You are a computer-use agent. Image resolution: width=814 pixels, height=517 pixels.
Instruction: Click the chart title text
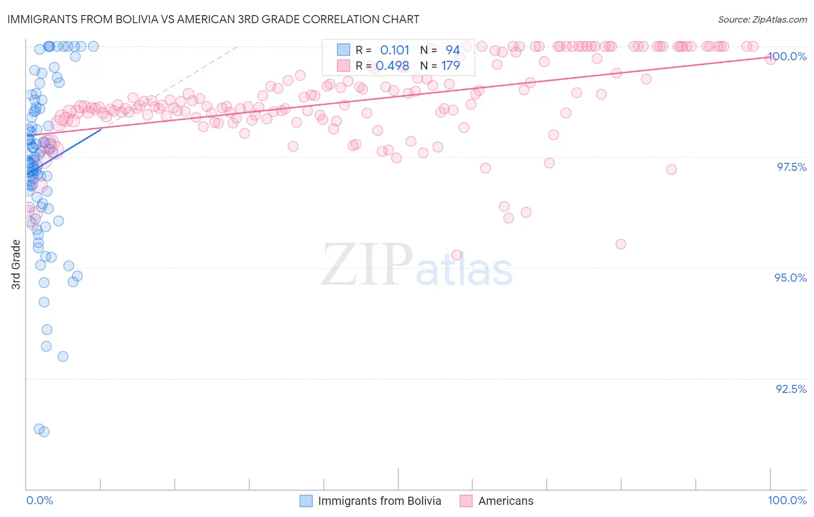coord(214,19)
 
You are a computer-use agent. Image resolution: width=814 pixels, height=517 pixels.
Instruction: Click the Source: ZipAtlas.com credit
coord(762,19)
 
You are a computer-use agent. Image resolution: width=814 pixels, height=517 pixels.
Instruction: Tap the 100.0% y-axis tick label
coord(787,56)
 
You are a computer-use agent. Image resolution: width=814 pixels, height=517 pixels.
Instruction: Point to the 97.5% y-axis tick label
coord(791,167)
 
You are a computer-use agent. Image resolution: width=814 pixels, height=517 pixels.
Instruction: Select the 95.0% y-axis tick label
coord(790,278)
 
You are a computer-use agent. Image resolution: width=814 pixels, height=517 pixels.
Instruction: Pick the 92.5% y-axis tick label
coord(791,389)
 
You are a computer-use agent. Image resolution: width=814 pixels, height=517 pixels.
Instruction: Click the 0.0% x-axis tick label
coord(39,500)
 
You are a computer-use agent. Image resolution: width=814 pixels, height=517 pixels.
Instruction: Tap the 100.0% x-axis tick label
coord(787,500)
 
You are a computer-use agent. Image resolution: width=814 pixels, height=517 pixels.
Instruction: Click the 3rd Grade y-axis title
coord(16,264)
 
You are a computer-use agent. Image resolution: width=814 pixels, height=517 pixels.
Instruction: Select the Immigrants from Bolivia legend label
coord(379,501)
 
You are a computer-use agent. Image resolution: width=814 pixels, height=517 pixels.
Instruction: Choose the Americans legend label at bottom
coord(505,501)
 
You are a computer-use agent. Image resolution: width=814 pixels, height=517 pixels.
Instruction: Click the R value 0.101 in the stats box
coord(394,50)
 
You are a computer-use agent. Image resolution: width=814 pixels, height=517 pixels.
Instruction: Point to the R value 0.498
coord(392,66)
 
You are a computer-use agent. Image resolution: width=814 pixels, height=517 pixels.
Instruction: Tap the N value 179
coord(450,66)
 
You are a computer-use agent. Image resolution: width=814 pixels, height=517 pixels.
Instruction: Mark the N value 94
coord(452,50)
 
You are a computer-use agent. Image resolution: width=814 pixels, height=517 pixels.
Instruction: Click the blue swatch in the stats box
coord(343,50)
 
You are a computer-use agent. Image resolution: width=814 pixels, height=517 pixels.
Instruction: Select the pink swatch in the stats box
coord(343,65)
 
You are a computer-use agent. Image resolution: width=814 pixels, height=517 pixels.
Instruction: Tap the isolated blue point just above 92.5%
coord(63,356)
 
